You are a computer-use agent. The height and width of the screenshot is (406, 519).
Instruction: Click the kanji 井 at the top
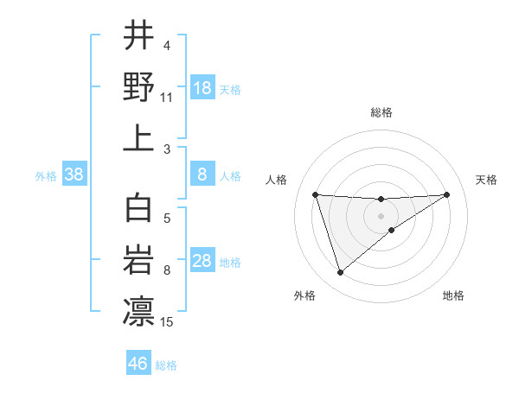pyautogui.click(x=138, y=36)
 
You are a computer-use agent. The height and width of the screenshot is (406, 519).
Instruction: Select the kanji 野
pyautogui.click(x=138, y=86)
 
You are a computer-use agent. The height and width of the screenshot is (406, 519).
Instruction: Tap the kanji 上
pyautogui.click(x=138, y=137)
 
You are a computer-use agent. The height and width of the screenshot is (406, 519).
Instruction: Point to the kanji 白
pyautogui.click(x=138, y=210)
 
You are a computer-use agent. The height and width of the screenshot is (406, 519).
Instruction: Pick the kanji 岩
pyautogui.click(x=138, y=261)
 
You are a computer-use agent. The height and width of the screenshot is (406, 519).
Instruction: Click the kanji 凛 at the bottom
pyautogui.click(x=138, y=312)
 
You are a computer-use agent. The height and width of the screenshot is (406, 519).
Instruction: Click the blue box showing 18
pyautogui.click(x=202, y=88)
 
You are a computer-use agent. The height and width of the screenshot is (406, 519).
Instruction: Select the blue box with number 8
pyautogui.click(x=202, y=175)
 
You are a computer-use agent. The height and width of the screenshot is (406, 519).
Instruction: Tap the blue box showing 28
pyautogui.click(x=202, y=262)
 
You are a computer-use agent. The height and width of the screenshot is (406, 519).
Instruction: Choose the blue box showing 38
pyautogui.click(x=74, y=175)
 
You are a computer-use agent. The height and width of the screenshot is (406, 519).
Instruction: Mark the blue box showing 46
pyautogui.click(x=138, y=364)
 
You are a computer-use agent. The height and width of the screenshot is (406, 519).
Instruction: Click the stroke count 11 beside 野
pyautogui.click(x=167, y=98)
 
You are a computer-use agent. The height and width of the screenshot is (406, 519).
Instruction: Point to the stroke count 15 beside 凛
pyautogui.click(x=167, y=322)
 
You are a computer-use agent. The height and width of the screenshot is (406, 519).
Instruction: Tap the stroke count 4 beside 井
pyautogui.click(x=167, y=46)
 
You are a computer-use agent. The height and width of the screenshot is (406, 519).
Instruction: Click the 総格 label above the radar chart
pyautogui.click(x=381, y=112)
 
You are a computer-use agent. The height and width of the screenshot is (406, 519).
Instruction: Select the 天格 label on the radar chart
pyautogui.click(x=486, y=180)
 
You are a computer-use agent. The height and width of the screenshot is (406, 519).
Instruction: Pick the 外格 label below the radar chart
pyautogui.click(x=304, y=295)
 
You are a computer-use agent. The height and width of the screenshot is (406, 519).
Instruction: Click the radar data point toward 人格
pyautogui.click(x=316, y=194)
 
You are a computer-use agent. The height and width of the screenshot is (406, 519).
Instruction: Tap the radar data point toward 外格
pyautogui.click(x=340, y=273)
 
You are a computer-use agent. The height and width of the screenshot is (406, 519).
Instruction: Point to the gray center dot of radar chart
pyautogui.click(x=381, y=214)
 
